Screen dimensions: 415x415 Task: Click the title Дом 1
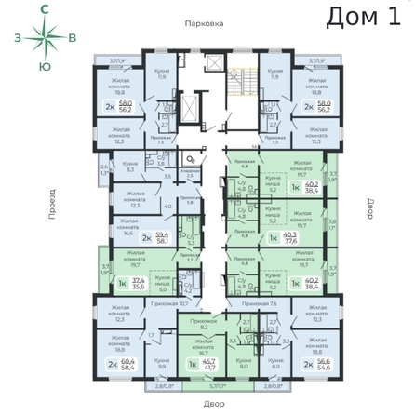point(366,18)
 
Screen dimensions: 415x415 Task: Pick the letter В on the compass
point(73,37)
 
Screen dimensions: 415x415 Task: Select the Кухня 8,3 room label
point(131,167)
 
